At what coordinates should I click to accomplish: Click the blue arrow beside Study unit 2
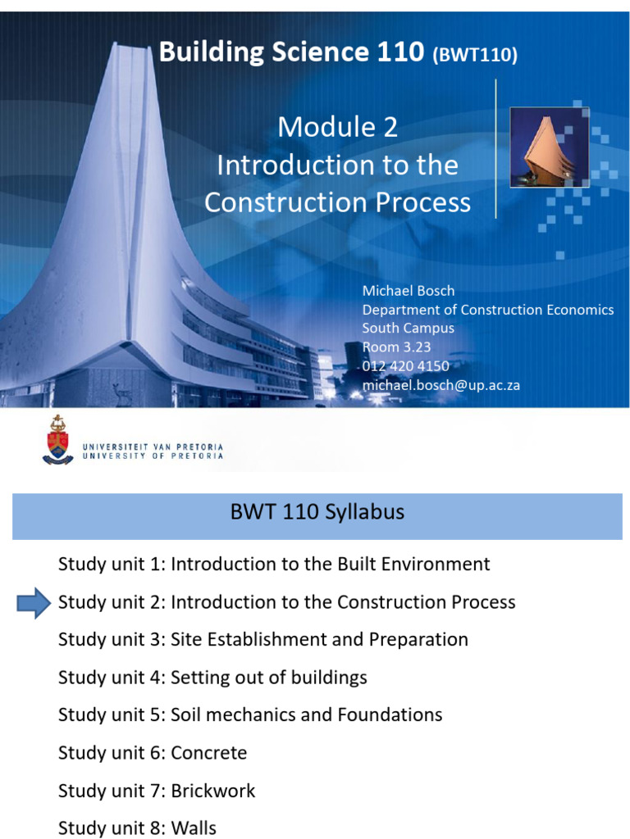[x=34, y=603]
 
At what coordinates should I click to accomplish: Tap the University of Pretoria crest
[x=58, y=440]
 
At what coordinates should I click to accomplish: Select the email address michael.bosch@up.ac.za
[x=441, y=384]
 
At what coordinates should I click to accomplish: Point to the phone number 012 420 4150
[x=406, y=365]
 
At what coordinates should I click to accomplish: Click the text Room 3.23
[x=396, y=347]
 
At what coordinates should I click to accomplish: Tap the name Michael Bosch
[x=409, y=291]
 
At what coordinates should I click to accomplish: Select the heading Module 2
[x=337, y=127]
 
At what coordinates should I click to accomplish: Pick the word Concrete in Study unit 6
[x=208, y=752]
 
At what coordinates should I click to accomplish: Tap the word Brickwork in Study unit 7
[x=213, y=791]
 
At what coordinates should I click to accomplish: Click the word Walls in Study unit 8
[x=194, y=828]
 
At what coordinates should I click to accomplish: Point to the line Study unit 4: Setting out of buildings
[x=212, y=678]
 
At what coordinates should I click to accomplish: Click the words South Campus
[x=409, y=329]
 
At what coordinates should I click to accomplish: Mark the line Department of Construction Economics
[x=488, y=310]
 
